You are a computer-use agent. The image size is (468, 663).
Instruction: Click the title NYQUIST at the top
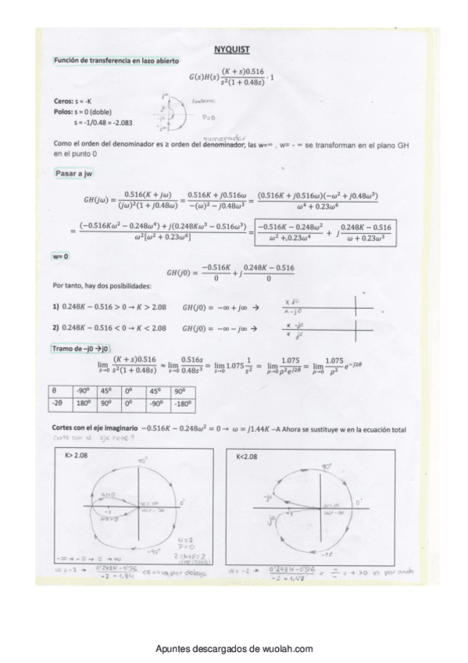[x=232, y=48]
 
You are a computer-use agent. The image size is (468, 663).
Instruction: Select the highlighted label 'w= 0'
[x=63, y=256]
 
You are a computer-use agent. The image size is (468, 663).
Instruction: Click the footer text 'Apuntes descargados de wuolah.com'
[x=234, y=648]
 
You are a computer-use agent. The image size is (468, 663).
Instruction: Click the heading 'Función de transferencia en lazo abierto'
[x=116, y=60]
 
